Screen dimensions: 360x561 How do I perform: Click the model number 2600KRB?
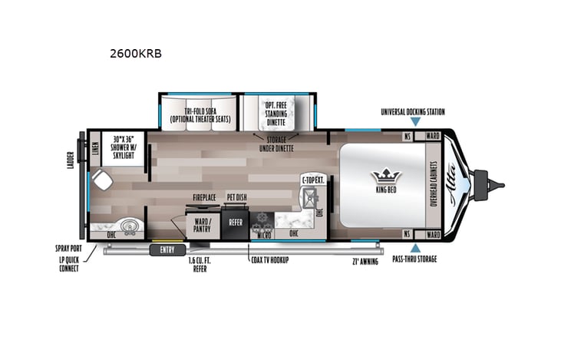137,54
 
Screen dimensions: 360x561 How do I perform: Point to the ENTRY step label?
167,249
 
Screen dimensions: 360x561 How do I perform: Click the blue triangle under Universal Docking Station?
415,121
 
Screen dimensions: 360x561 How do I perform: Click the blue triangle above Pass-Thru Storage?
415,247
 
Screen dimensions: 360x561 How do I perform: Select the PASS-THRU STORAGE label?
415,259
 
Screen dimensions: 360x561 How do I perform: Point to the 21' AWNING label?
358,261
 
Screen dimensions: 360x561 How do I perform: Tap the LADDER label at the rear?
71,160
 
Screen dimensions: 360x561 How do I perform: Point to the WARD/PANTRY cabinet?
201,223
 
